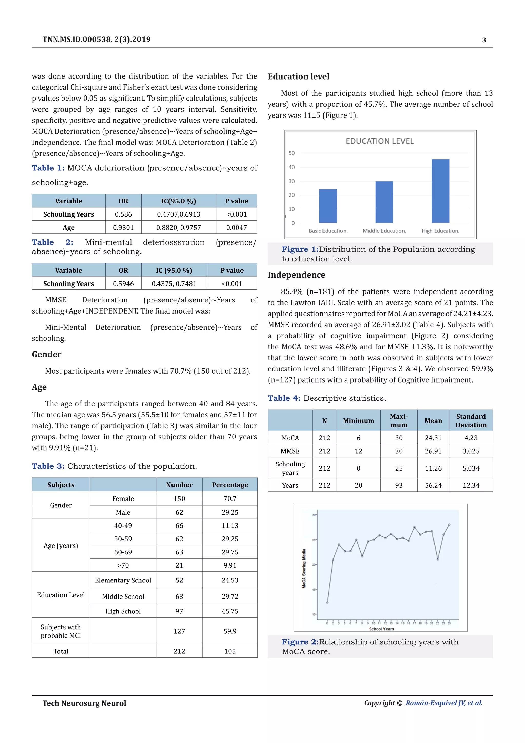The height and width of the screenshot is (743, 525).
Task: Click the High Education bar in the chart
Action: pyautogui.click(x=440, y=191)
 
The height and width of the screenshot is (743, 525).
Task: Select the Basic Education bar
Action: pyautogui.click(x=328, y=206)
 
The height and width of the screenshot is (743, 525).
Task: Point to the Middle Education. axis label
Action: pyautogui.click(x=384, y=231)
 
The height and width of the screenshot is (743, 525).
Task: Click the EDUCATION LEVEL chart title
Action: pyautogui.click(x=380, y=141)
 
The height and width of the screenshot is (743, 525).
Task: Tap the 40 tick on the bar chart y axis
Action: pyautogui.click(x=291, y=167)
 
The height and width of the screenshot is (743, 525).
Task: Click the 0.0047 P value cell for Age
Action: pyautogui.click(x=236, y=228)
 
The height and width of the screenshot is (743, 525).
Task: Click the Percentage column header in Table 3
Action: pyautogui.click(x=230, y=484)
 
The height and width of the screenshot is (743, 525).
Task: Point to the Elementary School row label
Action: pyautogui.click(x=123, y=580)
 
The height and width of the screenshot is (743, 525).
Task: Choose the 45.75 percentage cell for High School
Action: pyautogui.click(x=230, y=611)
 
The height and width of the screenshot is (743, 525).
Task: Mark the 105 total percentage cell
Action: pyautogui.click(x=230, y=651)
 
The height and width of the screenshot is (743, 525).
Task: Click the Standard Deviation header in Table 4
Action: pyautogui.click(x=471, y=420)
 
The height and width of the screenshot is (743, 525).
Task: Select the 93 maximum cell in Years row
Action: pyautogui.click(x=399, y=485)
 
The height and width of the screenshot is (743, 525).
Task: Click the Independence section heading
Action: pyautogui.click(x=296, y=275)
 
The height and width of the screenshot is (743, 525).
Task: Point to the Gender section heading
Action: pyautogui.click(x=47, y=354)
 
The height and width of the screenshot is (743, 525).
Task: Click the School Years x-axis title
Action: pyautogui.click(x=381, y=629)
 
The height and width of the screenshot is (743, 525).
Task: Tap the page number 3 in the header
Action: pyautogui.click(x=484, y=40)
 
